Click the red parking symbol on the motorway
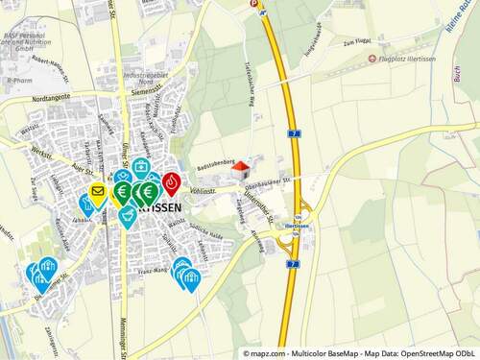[x=253, y=4]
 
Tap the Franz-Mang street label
[x=155, y=274]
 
